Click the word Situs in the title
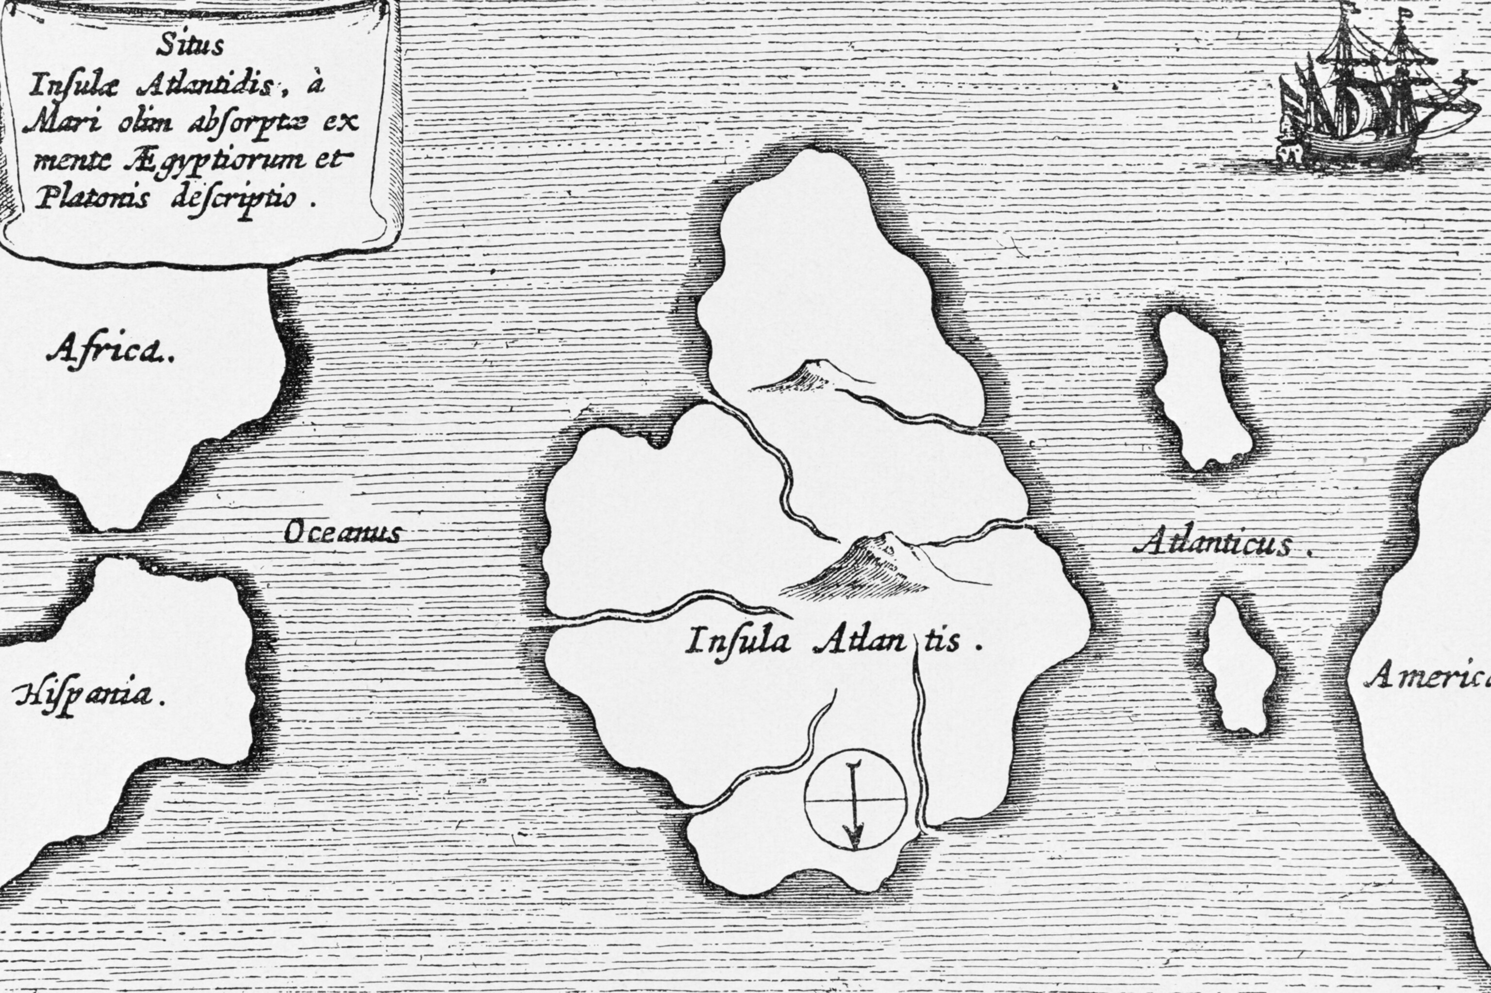coord(190,46)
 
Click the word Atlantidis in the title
coord(212,85)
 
